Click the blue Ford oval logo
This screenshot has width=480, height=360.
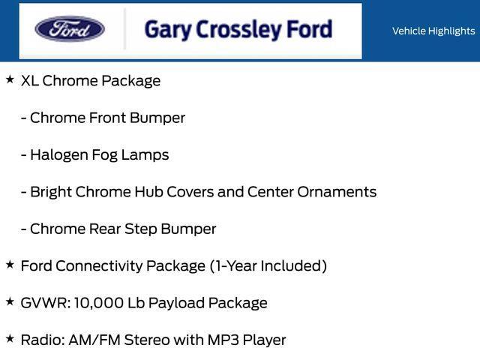click(x=70, y=30)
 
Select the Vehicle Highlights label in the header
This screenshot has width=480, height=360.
click(x=433, y=31)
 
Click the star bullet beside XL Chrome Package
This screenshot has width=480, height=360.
click(x=10, y=79)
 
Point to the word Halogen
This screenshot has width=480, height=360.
click(x=61, y=155)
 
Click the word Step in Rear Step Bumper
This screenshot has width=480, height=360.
click(x=148, y=229)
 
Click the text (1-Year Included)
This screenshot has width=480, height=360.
click(x=268, y=265)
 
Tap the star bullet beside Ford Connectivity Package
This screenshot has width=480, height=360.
click(x=10, y=265)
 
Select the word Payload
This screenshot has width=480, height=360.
click(x=178, y=303)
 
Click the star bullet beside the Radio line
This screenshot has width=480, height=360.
click(x=10, y=339)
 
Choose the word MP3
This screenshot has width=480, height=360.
click(x=226, y=340)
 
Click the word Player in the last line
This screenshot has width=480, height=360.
click(x=265, y=340)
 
